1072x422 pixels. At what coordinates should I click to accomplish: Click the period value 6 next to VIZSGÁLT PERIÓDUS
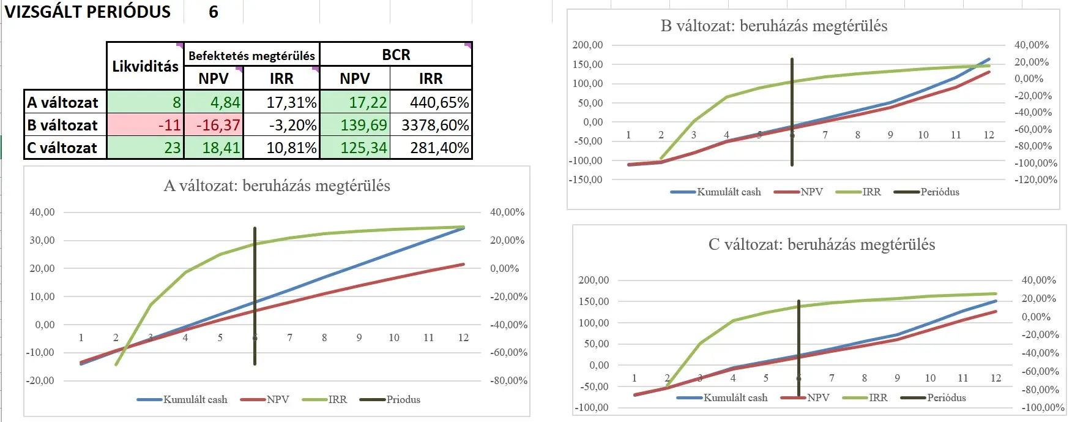tap(214, 12)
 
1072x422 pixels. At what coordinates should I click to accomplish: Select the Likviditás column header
tap(145, 66)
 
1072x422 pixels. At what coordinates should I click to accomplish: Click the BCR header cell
tap(396, 55)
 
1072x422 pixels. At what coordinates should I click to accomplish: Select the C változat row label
tap(62, 148)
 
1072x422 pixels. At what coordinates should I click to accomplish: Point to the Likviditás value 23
tap(173, 148)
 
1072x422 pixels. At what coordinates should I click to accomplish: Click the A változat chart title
tap(277, 186)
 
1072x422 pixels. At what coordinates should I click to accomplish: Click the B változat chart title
tap(773, 26)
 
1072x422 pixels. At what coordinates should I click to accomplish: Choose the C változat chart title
tap(821, 244)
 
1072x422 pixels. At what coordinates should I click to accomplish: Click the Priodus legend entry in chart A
tap(403, 399)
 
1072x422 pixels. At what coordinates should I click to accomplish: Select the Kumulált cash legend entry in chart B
tap(728, 192)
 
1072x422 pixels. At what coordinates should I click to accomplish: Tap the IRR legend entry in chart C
tap(877, 398)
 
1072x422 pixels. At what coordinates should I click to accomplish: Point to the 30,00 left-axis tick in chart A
tap(42, 240)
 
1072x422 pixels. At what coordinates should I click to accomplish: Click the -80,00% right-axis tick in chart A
tap(508, 380)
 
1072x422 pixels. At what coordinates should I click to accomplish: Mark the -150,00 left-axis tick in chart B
tap(586, 179)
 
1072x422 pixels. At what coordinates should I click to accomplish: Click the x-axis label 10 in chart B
tap(923, 135)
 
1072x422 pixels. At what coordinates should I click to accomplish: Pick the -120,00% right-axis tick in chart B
tap(1035, 179)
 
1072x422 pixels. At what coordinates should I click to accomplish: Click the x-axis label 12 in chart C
tap(996, 378)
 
